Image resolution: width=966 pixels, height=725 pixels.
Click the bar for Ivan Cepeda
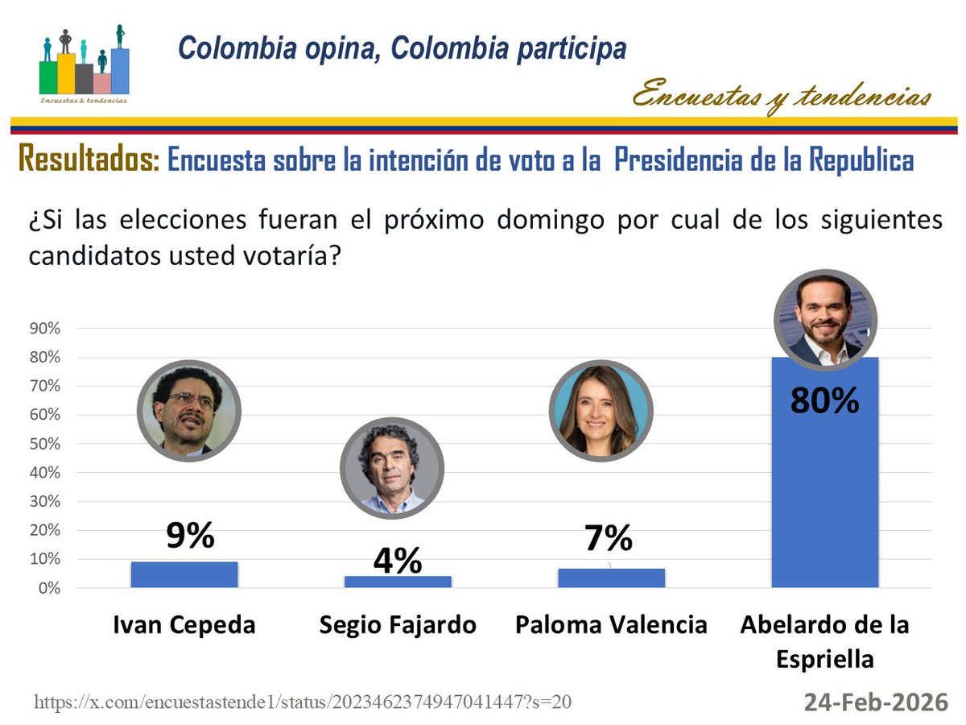tap(184, 574)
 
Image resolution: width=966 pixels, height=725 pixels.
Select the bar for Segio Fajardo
tap(398, 582)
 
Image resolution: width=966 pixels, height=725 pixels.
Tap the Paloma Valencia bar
tap(612, 578)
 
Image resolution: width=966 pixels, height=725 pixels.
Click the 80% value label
tap(825, 400)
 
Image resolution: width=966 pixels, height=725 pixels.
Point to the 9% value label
tap(190, 536)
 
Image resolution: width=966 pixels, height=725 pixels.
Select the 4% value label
tap(398, 561)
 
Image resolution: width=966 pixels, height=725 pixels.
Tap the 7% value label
tap(609, 539)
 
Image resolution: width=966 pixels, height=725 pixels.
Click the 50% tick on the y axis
tap(45, 444)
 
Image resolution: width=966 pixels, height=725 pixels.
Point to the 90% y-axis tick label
tap(45, 329)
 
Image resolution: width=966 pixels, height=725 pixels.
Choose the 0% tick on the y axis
tap(48, 588)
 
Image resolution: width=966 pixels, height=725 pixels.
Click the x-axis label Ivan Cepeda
tap(184, 625)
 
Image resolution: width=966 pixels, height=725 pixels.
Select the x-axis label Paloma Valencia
tap(612, 625)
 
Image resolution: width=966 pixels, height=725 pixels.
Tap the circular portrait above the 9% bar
tap(189, 410)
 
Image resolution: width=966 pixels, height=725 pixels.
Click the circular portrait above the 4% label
tap(391, 468)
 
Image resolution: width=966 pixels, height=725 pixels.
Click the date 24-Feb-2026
tap(876, 702)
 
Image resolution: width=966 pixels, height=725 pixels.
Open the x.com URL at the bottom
tap(303, 702)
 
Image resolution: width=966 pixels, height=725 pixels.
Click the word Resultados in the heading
tap(89, 159)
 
